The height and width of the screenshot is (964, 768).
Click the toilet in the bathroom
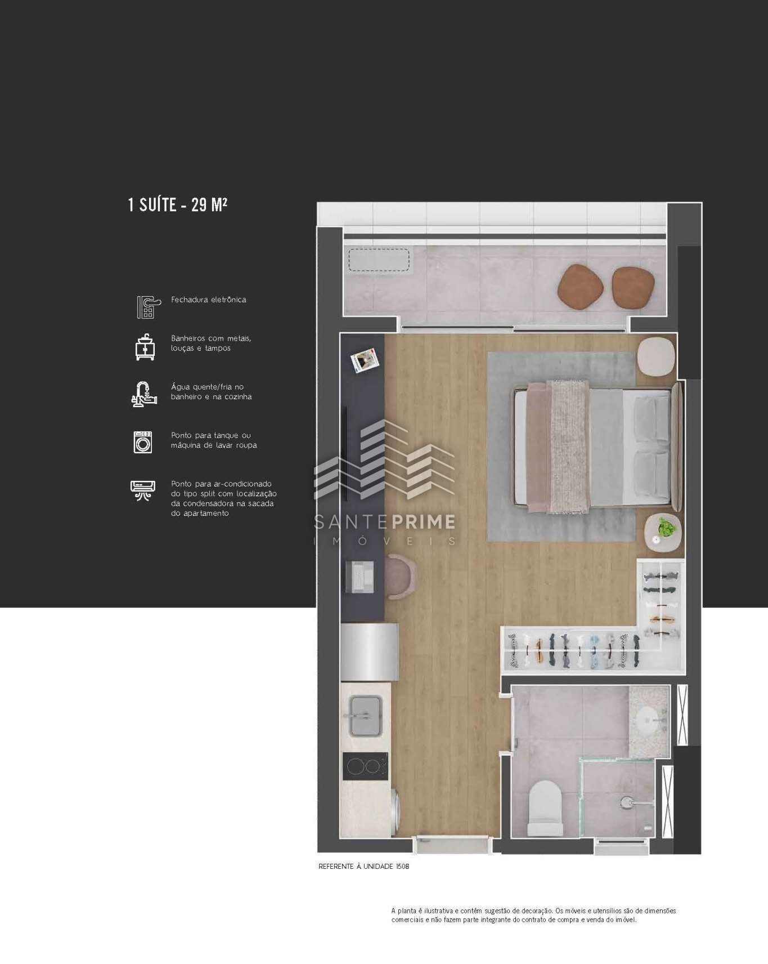pyautogui.click(x=545, y=809)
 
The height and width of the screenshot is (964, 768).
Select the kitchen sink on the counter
pyautogui.click(x=366, y=716)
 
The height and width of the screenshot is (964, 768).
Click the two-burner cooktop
pyautogui.click(x=365, y=766)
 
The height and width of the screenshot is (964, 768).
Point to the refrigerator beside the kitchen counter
pyautogui.click(x=370, y=652)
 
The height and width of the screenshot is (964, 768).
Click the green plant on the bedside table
pyautogui.click(x=667, y=528)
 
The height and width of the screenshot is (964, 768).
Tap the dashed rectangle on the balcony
pyautogui.click(x=379, y=260)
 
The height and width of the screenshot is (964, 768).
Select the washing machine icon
pyautogui.click(x=143, y=442)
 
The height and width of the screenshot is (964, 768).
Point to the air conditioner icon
pyautogui.click(x=143, y=490)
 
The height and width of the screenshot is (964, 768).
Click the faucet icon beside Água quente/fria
pyautogui.click(x=143, y=394)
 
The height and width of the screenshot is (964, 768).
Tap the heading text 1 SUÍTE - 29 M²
pyautogui.click(x=178, y=204)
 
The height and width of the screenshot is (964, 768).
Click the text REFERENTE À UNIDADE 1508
pyautogui.click(x=363, y=867)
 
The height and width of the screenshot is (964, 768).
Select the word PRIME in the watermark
pyautogui.click(x=423, y=522)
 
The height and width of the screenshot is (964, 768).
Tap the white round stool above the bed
pyautogui.click(x=656, y=356)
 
